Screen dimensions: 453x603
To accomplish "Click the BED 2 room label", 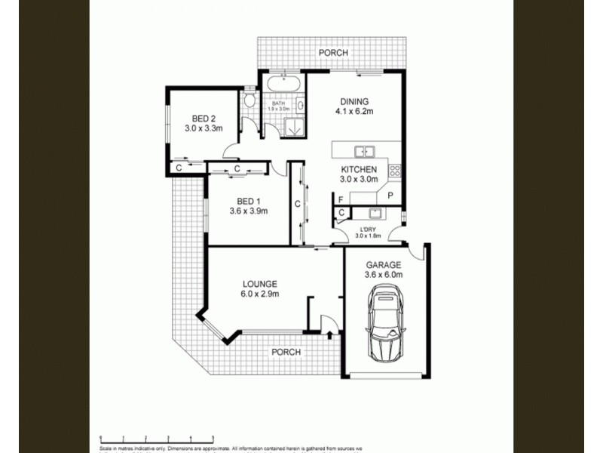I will (204, 118).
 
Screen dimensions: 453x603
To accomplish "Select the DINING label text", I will (354, 102).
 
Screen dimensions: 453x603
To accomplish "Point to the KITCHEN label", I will (359, 169).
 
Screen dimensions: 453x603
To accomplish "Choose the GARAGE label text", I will (384, 265).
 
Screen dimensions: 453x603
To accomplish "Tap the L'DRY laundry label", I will (368, 229).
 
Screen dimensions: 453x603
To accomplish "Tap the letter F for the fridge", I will (341, 199).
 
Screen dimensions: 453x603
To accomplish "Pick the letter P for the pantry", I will (391, 195).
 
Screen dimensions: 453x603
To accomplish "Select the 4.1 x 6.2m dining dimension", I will (355, 112).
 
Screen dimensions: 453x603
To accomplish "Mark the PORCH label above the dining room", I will (333, 53).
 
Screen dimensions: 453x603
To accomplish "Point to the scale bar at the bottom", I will (156, 437).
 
